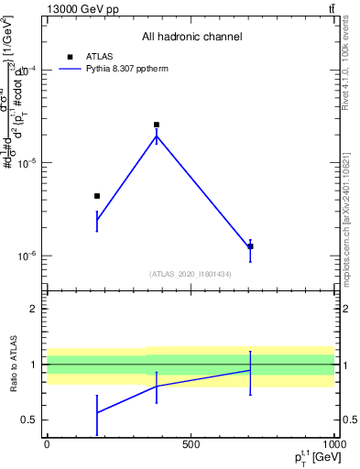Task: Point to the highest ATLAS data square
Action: (157, 125)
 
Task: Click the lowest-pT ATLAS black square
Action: (97, 196)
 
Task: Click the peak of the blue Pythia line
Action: (157, 136)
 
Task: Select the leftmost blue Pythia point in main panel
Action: (97, 220)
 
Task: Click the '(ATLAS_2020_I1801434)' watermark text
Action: (191, 274)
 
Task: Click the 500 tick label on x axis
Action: (191, 446)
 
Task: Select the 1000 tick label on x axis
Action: (332, 446)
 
